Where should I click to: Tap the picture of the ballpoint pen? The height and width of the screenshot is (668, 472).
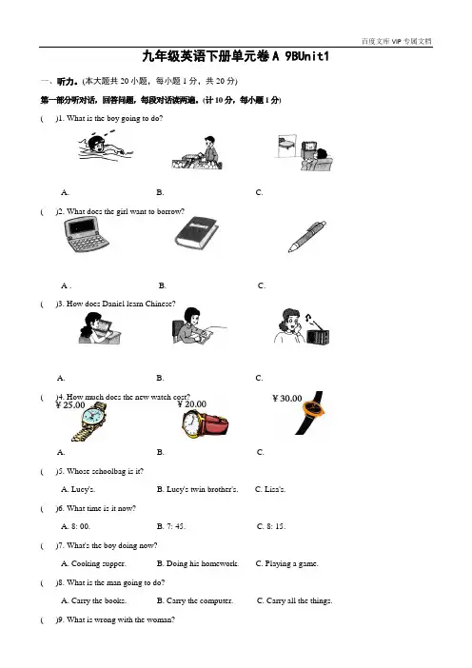(x=307, y=236)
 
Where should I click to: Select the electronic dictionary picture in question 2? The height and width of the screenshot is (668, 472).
(x=86, y=234)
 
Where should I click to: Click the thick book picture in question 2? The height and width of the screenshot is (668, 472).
(x=197, y=232)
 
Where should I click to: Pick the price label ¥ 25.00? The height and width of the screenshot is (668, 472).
(x=70, y=405)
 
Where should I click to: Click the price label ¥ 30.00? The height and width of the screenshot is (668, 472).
(x=287, y=399)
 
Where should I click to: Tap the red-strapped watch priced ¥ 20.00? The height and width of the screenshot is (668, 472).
(x=205, y=423)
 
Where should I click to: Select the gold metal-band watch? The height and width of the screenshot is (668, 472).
(x=89, y=421)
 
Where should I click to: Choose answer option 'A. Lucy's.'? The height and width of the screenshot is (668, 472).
(x=78, y=489)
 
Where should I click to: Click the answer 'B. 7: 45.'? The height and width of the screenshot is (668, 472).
(x=171, y=526)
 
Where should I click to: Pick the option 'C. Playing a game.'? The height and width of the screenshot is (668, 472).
(x=286, y=563)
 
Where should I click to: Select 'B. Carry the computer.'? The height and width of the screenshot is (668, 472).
(x=195, y=600)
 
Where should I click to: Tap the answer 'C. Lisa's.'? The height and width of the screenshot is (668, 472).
(x=270, y=489)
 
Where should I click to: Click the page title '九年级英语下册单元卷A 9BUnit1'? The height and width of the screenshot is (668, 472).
(x=236, y=56)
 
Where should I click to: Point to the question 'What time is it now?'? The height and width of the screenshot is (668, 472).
(x=102, y=508)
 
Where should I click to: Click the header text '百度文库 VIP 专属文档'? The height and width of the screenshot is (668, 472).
(x=396, y=41)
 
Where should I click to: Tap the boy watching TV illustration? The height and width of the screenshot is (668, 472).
(x=305, y=153)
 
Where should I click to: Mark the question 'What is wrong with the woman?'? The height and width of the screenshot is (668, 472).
(x=121, y=619)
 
